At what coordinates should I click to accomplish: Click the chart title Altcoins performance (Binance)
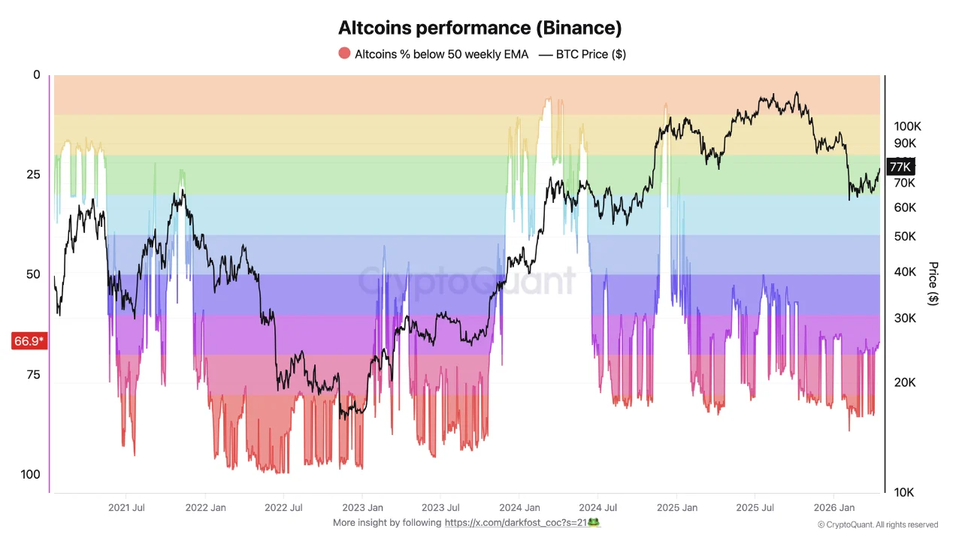pos(480,29)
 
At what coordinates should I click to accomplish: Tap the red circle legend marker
pos(344,53)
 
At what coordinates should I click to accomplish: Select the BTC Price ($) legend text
pos(591,54)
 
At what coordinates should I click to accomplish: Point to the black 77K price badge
pos(900,167)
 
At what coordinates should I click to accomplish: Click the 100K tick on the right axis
pos(907,126)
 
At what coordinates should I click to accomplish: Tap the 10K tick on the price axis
pos(904,493)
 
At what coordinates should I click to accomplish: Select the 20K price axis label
pos(904,382)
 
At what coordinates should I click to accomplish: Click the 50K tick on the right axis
pos(904,237)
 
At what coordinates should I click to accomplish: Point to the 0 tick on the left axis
pos(37,75)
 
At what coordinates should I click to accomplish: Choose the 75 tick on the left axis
pos(33,374)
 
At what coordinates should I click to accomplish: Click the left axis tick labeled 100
pos(31,474)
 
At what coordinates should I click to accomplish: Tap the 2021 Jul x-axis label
pos(126,508)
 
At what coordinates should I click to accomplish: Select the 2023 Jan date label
pos(362,508)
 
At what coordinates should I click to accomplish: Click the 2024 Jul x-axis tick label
pos(600,508)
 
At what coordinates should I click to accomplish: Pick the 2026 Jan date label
pos(836,508)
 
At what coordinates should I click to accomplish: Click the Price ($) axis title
pos(933,283)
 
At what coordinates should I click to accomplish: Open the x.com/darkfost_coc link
pos(516,522)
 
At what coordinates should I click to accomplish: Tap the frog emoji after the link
pos(594,522)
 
